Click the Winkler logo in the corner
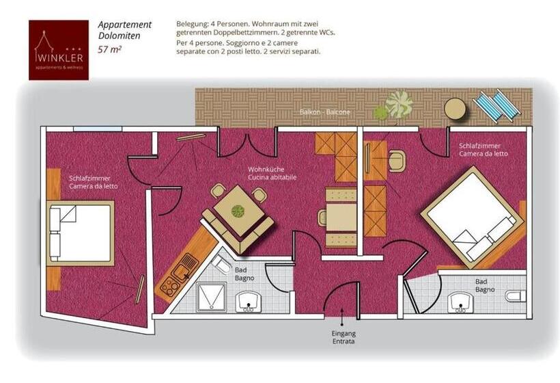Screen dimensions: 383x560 pyautogui.click(x=58, y=49)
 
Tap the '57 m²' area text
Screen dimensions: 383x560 pyautogui.click(x=109, y=49)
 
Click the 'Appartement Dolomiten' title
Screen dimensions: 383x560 pyautogui.click(x=124, y=30)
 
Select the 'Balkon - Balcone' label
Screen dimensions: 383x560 pyautogui.click(x=324, y=111)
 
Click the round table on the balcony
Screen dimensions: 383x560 pyautogui.click(x=455, y=108)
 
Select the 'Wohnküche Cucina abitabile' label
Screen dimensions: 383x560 pyautogui.click(x=272, y=173)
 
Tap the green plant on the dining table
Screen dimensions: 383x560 pyautogui.click(x=237, y=210)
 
